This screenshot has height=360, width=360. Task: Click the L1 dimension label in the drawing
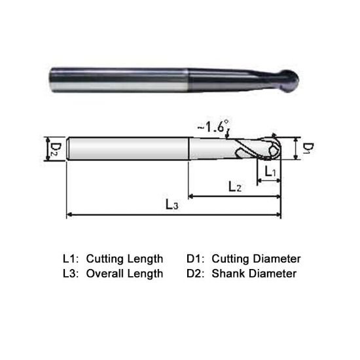[x=270, y=171]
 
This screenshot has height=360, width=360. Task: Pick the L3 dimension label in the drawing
[x=171, y=206]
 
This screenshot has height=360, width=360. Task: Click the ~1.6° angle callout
[x=213, y=126]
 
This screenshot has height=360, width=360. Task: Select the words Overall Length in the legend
[x=124, y=274]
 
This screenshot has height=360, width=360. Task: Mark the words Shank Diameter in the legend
[x=254, y=274]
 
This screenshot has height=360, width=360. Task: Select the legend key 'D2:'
[x=196, y=274]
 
